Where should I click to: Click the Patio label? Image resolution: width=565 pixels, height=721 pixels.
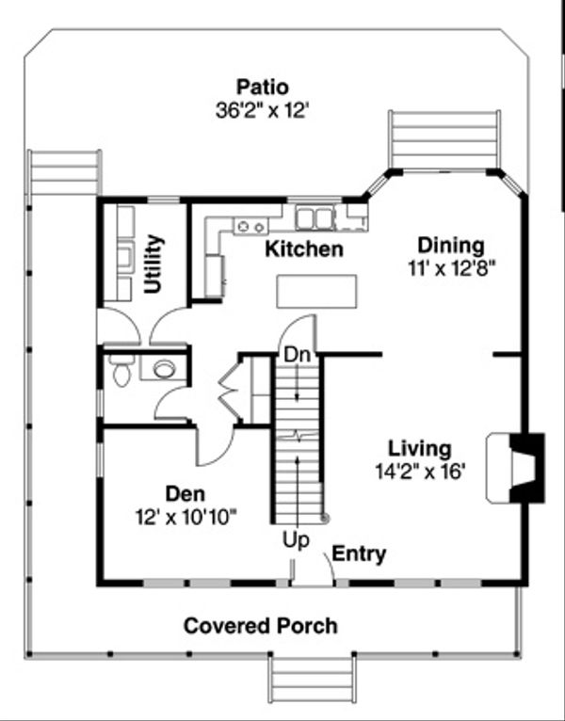(263, 87)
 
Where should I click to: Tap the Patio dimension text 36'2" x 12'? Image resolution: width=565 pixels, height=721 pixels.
(261, 111)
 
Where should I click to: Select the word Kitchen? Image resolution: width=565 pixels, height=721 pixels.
(304, 248)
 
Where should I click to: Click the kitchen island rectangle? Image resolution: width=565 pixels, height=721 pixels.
(316, 291)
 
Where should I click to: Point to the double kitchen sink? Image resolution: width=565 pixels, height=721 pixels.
(315, 218)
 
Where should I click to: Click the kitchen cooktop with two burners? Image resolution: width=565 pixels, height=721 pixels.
(251, 226)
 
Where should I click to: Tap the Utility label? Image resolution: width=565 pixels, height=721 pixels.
(153, 264)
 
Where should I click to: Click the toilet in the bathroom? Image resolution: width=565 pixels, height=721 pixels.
(121, 370)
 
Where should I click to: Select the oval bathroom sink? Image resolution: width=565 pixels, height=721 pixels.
(164, 369)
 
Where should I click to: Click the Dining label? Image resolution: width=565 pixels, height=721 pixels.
(451, 246)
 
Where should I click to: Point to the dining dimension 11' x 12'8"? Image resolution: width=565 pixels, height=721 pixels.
(451, 268)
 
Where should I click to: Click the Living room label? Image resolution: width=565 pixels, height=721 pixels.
(420, 448)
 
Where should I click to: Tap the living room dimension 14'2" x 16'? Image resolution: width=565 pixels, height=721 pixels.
(420, 472)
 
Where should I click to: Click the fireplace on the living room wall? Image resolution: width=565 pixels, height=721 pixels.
(516, 467)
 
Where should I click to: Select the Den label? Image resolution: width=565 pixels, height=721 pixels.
(186, 494)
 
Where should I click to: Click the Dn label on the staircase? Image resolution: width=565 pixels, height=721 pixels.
(298, 355)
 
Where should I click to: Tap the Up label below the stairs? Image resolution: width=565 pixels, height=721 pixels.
(296, 540)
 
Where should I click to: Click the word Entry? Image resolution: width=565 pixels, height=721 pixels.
(359, 554)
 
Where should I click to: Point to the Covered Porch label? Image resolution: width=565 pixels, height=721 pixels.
(261, 626)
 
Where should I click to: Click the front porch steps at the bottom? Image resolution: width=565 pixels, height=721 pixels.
(312, 680)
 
